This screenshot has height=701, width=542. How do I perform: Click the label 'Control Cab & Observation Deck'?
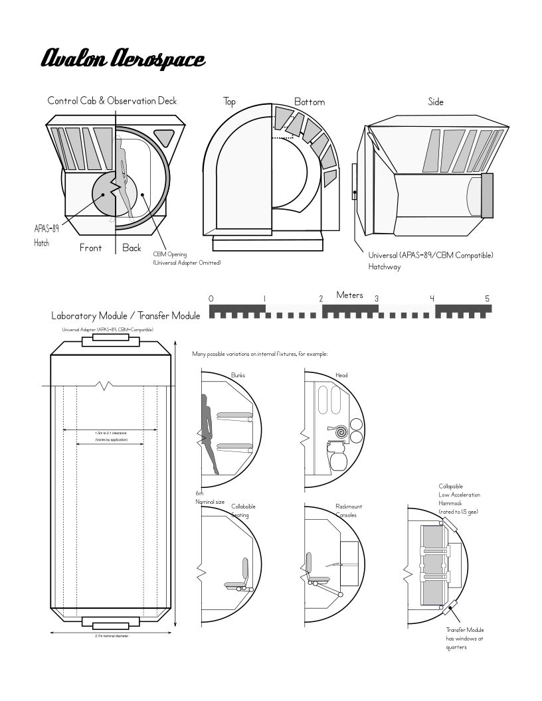point(112,101)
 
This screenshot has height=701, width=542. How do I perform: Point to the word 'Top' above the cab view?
point(230,102)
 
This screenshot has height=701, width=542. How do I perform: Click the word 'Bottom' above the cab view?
point(310,102)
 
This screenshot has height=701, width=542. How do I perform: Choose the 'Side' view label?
point(436,102)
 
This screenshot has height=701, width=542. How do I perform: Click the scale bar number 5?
point(487,299)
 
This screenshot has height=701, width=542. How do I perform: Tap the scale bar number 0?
point(211,299)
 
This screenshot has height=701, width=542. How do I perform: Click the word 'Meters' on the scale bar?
point(350,295)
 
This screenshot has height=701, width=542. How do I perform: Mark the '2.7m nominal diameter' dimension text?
point(112,635)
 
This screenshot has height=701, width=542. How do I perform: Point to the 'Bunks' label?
point(238,375)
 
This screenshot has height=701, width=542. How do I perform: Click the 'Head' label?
point(341,375)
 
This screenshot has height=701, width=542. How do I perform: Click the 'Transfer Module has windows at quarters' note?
point(465,639)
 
